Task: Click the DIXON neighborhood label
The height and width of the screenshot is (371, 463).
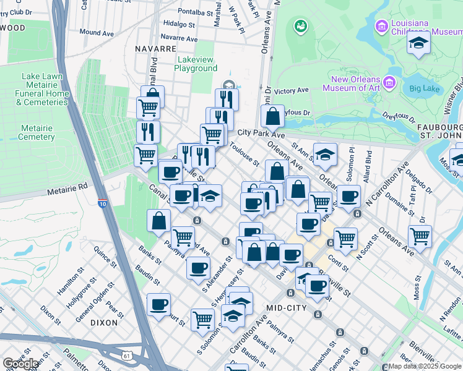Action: [103, 322]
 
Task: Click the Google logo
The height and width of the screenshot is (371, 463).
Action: [20, 364]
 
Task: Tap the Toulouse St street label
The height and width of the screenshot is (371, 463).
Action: [244, 155]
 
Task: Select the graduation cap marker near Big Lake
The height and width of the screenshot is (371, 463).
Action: [419, 44]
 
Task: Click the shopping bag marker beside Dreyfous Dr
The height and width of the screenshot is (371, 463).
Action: [272, 115]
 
